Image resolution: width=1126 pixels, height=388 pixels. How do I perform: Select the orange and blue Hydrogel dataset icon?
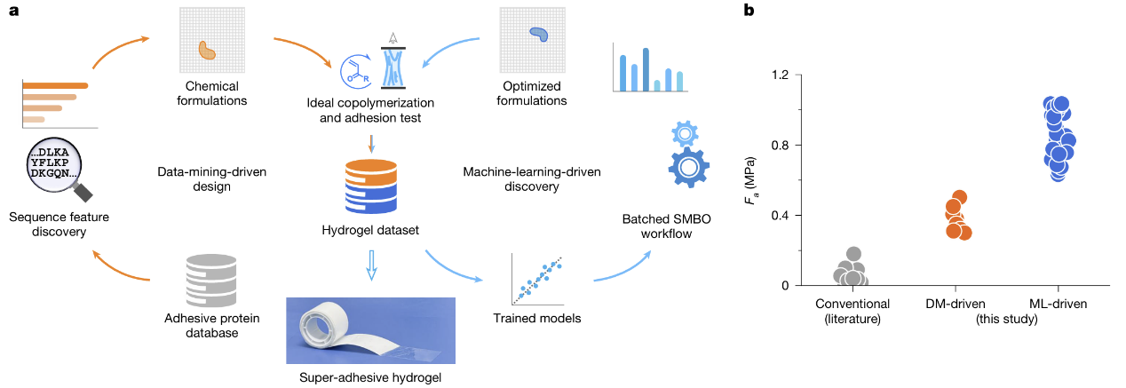(370, 188)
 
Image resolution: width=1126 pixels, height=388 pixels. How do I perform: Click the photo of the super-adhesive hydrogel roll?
(370, 329)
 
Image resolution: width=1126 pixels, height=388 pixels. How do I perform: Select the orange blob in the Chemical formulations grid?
(206, 51)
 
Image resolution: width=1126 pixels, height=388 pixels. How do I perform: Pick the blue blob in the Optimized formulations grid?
(538, 35)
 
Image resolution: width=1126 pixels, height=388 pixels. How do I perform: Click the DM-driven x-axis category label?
(956, 304)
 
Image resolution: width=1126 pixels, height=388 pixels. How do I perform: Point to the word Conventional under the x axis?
(852, 304)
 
